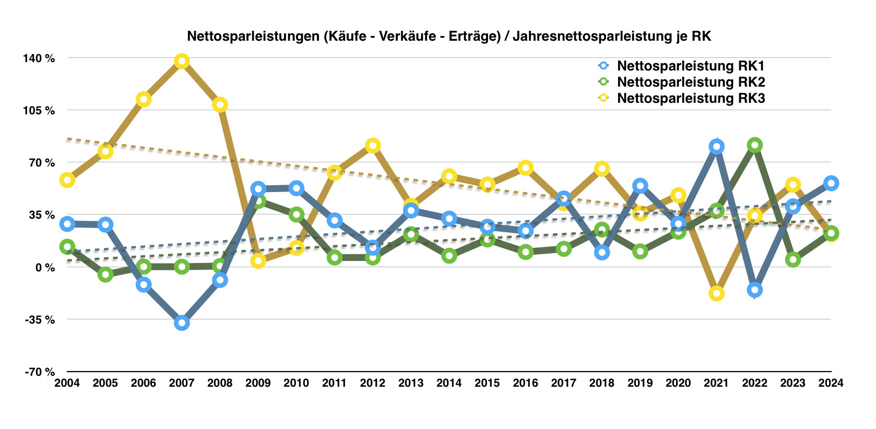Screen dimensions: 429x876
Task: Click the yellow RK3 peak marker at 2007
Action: [182, 62]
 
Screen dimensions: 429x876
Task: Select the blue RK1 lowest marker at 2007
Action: [182, 323]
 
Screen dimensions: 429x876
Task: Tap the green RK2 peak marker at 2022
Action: [754, 145]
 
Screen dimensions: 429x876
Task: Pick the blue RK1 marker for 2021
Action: [716, 147]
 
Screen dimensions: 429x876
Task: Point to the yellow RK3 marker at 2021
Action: [716, 293]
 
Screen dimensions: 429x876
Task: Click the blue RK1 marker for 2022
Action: [754, 290]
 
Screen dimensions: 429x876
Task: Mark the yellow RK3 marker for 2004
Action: [67, 180]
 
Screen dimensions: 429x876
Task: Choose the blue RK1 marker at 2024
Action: [831, 183]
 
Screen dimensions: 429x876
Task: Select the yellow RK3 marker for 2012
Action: [373, 146]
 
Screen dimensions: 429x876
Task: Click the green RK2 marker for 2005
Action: [105, 275]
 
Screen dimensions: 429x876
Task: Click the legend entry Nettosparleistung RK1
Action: [690, 66]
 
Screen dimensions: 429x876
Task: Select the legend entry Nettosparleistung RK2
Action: [690, 82]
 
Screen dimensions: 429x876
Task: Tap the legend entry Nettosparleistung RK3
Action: [690, 98]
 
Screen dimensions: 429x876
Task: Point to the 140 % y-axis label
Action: [39, 58]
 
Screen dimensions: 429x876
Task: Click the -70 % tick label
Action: [40, 372]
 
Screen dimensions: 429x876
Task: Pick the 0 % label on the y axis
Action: [45, 267]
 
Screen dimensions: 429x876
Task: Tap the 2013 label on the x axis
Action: [411, 383]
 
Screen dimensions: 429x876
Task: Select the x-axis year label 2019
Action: [640, 383]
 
